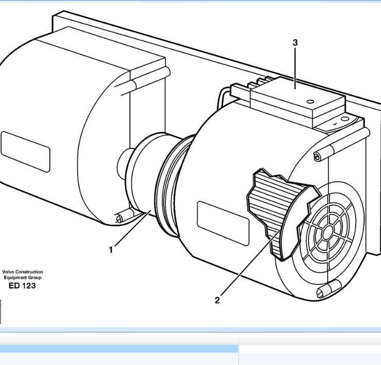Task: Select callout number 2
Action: pos(217,299)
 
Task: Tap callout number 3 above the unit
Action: pos(295,43)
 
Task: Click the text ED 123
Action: pos(23,285)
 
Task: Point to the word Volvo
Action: pos(9,271)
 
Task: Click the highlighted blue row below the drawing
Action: pos(119,349)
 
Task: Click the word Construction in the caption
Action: pos(30,271)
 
